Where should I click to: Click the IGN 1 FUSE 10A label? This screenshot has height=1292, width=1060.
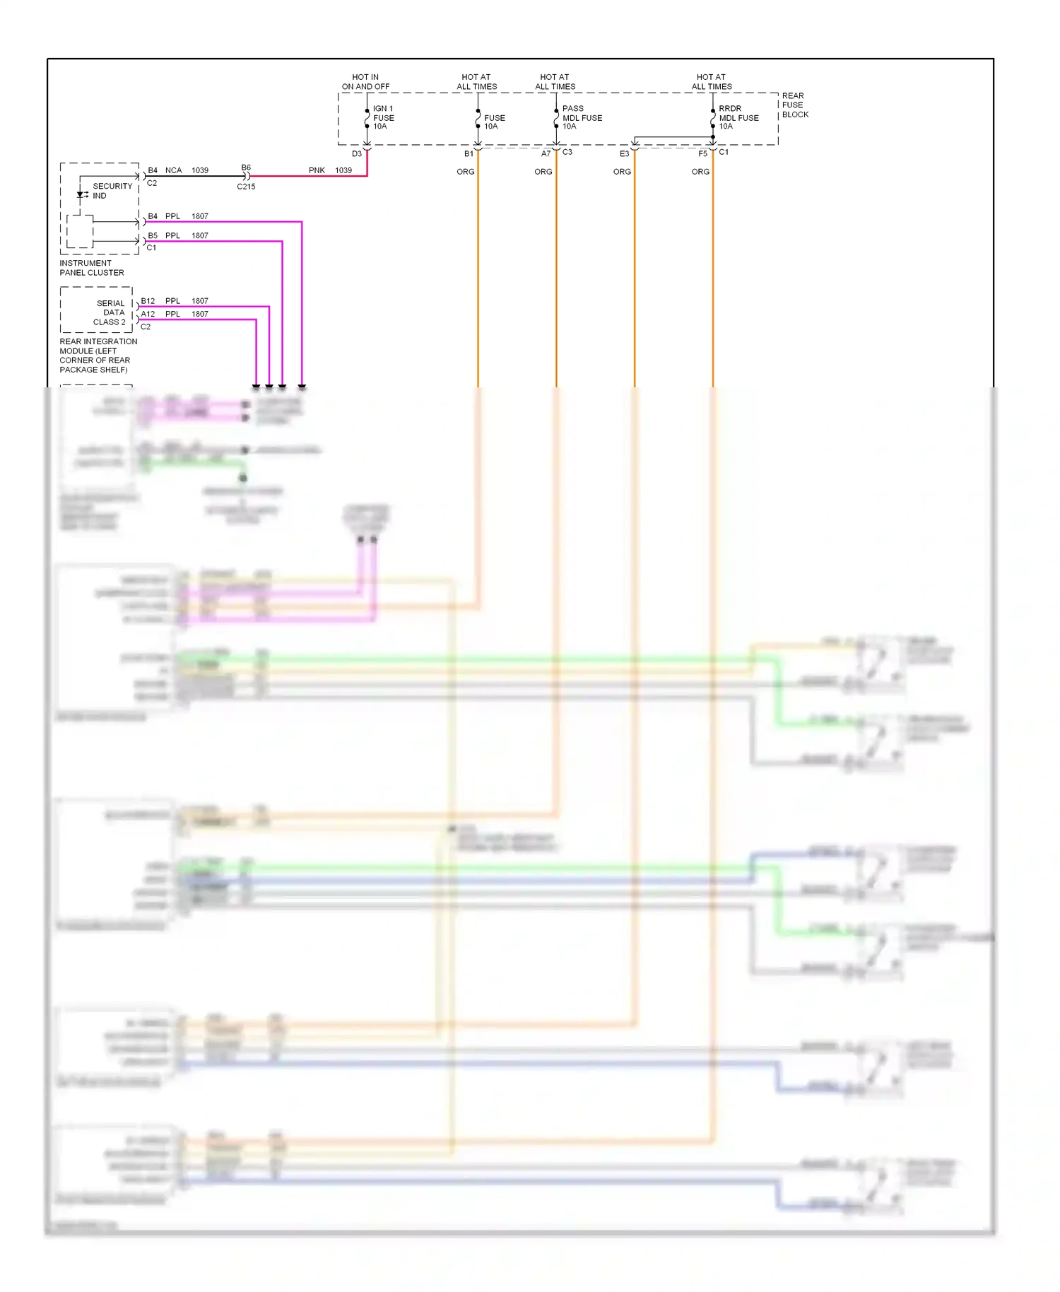point(383,117)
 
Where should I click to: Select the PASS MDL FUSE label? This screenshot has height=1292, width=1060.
point(582,117)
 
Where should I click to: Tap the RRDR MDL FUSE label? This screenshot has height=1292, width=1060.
point(738,117)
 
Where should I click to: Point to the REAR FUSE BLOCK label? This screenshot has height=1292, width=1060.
point(794,105)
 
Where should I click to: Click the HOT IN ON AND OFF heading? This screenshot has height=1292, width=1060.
point(365,82)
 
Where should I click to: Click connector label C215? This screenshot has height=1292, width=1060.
point(246,187)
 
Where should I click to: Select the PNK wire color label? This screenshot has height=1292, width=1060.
point(317,170)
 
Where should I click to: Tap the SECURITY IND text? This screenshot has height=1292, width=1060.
point(112,191)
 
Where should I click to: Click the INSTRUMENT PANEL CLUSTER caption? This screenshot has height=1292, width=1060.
point(92,268)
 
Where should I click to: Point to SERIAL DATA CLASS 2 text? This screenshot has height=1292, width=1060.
point(111,312)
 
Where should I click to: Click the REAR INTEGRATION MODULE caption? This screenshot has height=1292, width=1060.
point(98,356)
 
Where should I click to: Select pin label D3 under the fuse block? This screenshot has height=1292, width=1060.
point(357,154)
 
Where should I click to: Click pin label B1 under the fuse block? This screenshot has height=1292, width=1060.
point(469,154)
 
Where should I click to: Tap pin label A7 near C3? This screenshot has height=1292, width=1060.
point(546,154)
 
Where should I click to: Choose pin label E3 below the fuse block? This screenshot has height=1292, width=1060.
point(624,154)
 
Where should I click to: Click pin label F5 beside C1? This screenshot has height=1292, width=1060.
point(702,154)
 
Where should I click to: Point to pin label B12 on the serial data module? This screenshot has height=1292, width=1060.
point(148,301)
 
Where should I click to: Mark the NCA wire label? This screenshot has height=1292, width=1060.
point(173,170)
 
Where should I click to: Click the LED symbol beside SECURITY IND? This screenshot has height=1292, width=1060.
point(81,194)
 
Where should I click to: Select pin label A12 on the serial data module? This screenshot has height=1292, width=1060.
point(148,314)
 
